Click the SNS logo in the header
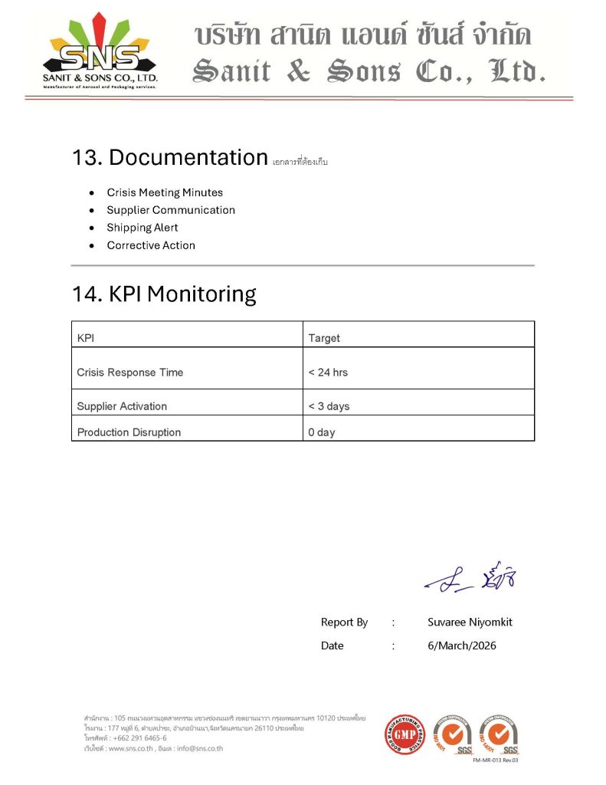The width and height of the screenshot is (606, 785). click(x=100, y=52)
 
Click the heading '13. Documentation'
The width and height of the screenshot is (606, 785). click(x=169, y=157)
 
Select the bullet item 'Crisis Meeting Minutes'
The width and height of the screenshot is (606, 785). click(x=165, y=192)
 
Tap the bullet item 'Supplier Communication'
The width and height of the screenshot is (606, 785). click(x=171, y=210)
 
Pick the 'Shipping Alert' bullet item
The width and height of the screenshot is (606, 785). click(x=142, y=228)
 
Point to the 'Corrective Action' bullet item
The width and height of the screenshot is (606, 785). click(x=151, y=245)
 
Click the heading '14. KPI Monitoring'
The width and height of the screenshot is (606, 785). click(x=164, y=294)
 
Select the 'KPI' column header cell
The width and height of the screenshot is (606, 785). click(x=85, y=338)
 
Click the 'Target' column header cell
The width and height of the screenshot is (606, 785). click(x=324, y=338)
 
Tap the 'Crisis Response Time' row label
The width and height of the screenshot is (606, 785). click(x=130, y=373)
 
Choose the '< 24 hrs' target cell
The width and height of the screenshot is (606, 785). click(x=328, y=373)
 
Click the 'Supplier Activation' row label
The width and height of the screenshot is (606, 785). click(x=122, y=406)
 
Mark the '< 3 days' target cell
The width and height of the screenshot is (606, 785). click(x=329, y=406)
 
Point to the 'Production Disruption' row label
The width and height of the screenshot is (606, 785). click(x=129, y=432)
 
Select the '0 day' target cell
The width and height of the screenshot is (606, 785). click(x=322, y=432)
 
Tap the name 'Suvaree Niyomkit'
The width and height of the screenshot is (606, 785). click(x=470, y=622)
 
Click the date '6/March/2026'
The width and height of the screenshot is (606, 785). click(x=461, y=645)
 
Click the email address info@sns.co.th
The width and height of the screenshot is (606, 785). click(x=199, y=748)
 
